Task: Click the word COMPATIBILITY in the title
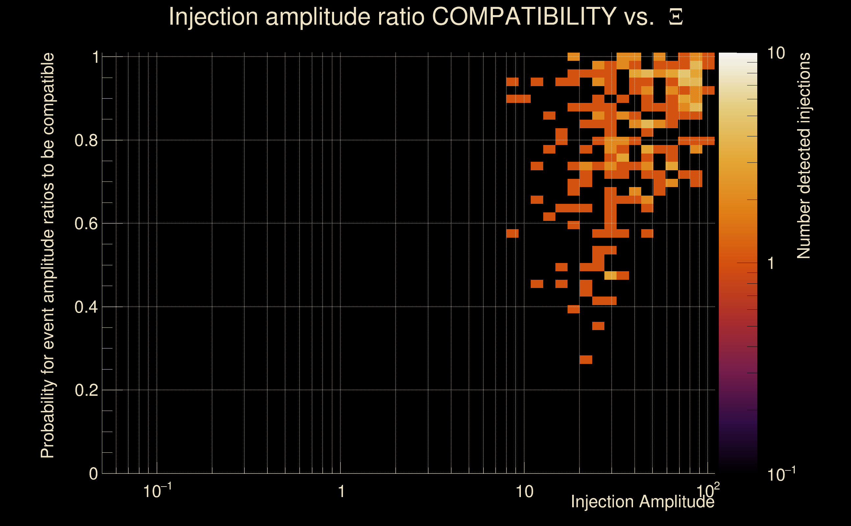[x=524, y=16]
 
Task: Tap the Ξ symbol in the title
[x=676, y=17]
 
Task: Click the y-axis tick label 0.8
[x=86, y=141]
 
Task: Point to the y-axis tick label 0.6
[x=86, y=224]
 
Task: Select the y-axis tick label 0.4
[x=86, y=307]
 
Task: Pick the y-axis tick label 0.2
[x=86, y=390]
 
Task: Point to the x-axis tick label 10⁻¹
[x=157, y=491]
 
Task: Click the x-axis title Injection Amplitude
[x=643, y=502]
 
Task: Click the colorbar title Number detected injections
[x=804, y=156]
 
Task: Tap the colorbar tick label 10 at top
[x=776, y=54]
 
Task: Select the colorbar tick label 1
[x=771, y=263]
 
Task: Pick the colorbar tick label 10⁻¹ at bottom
[x=781, y=474]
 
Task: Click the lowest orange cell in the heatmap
[x=586, y=359]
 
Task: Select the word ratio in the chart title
[x=408, y=16]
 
